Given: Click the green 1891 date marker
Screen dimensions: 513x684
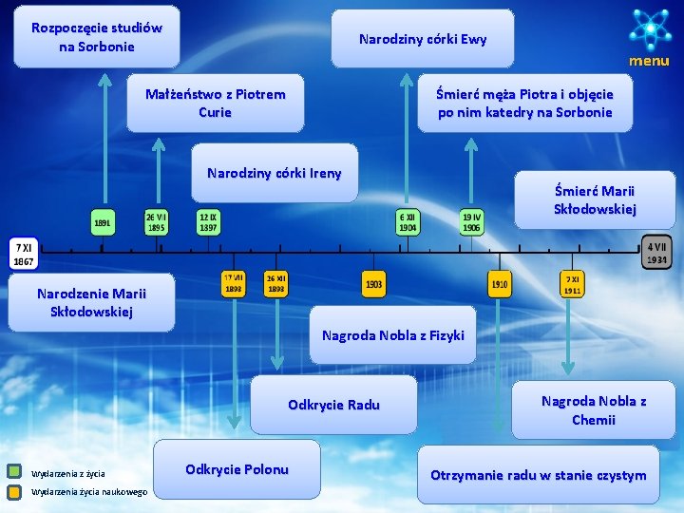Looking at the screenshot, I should tap(104, 222).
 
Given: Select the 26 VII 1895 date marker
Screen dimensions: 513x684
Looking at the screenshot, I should tap(157, 222).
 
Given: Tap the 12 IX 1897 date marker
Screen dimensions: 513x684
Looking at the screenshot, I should tap(208, 222).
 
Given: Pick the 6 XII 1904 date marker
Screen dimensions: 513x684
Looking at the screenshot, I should tap(408, 222).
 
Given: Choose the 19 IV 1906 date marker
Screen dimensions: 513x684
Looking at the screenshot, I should tap(471, 222).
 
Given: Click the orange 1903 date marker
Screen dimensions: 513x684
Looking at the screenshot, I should tap(374, 283).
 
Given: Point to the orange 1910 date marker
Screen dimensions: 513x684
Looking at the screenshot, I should tap(500, 283).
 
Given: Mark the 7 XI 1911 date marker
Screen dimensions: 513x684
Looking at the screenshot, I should tap(572, 284).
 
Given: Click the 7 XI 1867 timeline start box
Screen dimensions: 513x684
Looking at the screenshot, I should tap(24, 254).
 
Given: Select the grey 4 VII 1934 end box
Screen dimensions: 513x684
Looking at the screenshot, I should tap(656, 252).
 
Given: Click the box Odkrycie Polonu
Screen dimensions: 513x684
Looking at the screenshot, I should tap(237, 469).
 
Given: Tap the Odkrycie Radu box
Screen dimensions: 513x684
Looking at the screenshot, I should tap(333, 405).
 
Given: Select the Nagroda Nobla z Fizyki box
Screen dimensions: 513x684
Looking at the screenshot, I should tap(392, 334).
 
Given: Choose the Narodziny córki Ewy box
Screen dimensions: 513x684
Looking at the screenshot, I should tap(423, 39).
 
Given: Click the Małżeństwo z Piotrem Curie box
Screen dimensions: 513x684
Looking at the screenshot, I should tap(216, 103).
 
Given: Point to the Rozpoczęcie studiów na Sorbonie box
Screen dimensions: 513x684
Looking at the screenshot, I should tap(96, 37).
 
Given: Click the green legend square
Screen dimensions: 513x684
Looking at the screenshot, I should tap(14, 470).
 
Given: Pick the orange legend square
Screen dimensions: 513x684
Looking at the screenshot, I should tap(14, 492).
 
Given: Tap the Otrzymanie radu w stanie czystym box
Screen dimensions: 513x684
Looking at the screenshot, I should tap(538, 475).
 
